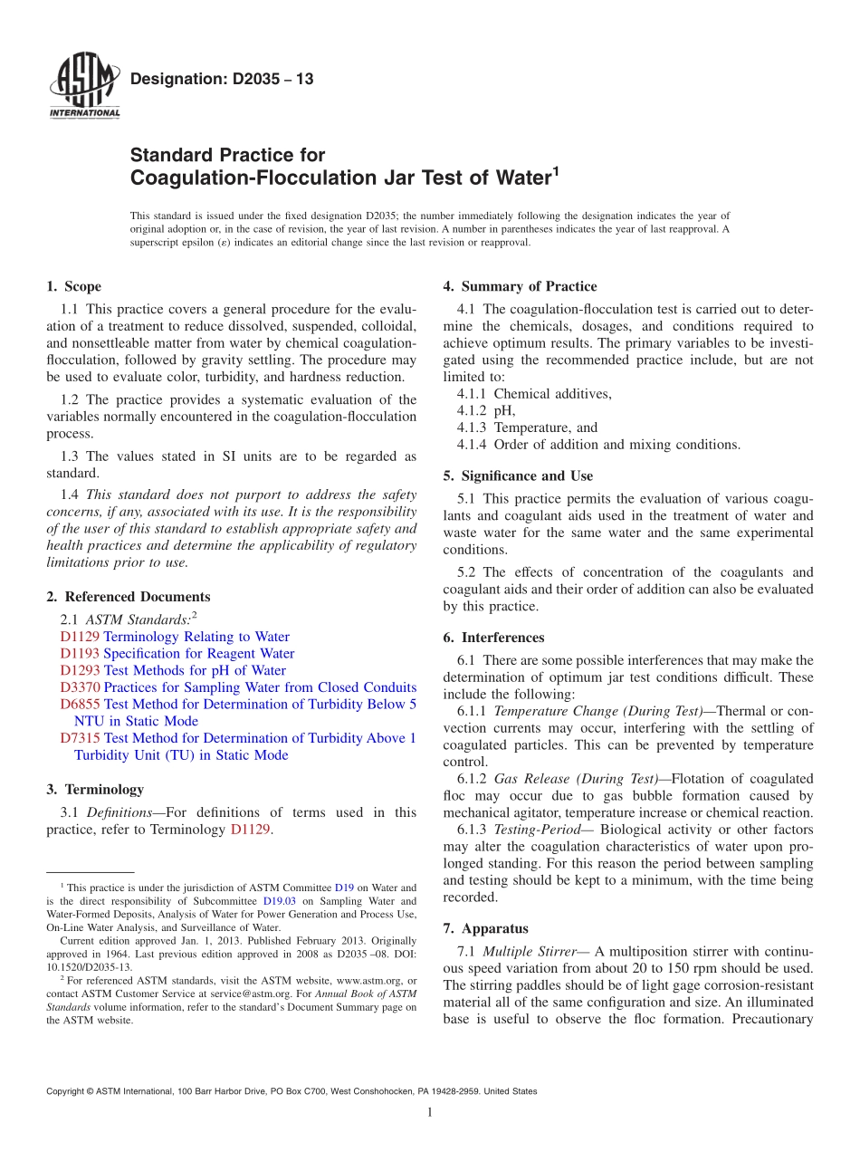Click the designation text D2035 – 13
(222, 79)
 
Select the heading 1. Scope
(73, 286)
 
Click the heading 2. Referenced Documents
(128, 597)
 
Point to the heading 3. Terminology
(95, 790)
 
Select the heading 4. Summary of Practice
(520, 286)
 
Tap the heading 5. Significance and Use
(518, 475)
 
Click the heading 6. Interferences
(493, 638)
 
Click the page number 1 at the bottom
(430, 1112)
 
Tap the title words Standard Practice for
(228, 155)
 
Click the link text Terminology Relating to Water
(196, 637)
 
